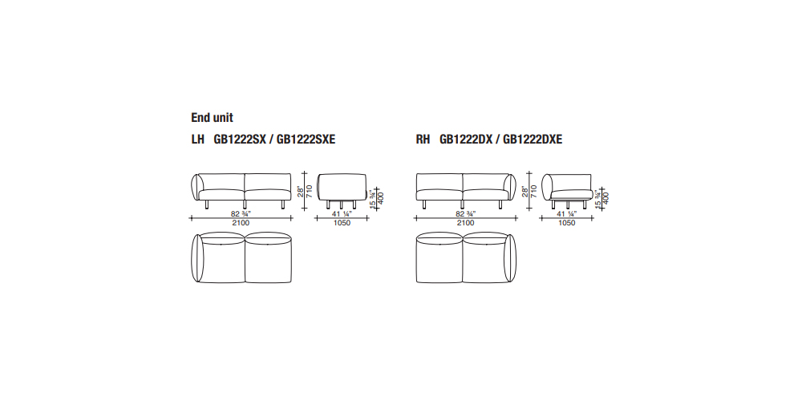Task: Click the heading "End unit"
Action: [212, 118]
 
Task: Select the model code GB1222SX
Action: [240, 139]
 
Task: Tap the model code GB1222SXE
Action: [306, 139]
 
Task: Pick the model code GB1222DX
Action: [466, 139]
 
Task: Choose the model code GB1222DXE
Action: [533, 139]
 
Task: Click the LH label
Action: [198, 139]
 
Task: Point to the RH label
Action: [423, 139]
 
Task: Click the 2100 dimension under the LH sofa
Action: [241, 223]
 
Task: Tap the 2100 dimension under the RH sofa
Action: [465, 223]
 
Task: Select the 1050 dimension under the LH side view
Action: [342, 223]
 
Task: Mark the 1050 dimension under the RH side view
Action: [567, 223]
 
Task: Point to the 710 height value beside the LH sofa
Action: [310, 192]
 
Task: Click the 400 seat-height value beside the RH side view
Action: [606, 197]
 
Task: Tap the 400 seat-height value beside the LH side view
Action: [380, 197]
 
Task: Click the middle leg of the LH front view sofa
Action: [245, 205]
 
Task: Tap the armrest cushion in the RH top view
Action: [511, 257]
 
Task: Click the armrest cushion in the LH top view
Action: [196, 257]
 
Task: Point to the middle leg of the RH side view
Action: [567, 205]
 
